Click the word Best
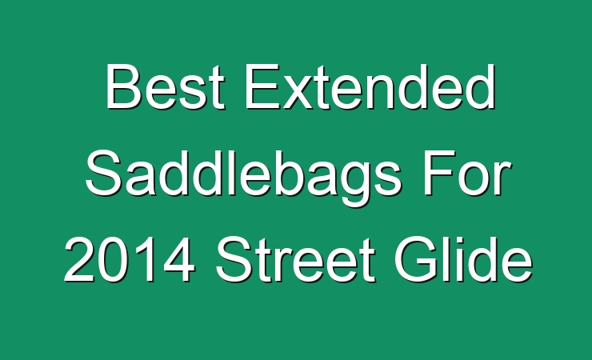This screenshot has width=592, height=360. [x=166, y=86]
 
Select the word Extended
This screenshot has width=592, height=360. [x=370, y=86]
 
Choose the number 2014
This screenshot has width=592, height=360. [x=130, y=260]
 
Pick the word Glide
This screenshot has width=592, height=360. [x=463, y=259]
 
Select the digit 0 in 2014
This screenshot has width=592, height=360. [x=113, y=260]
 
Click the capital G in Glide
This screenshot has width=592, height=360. [x=415, y=259]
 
